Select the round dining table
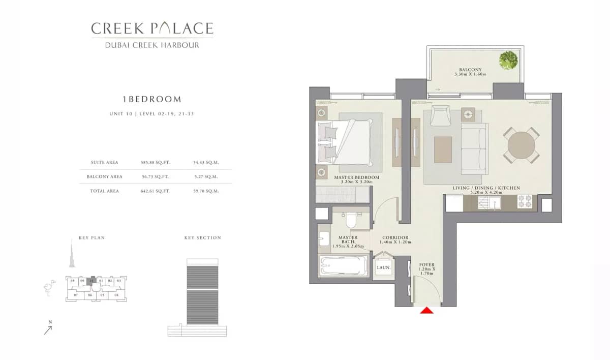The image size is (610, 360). [x=522, y=145]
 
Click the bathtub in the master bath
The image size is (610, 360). [x=344, y=266]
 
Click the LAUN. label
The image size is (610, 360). [x=383, y=267]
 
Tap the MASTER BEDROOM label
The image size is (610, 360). [x=356, y=177]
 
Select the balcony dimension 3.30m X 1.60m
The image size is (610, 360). [x=470, y=75]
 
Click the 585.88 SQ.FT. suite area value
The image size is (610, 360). [x=155, y=163]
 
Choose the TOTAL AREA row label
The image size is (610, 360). [x=105, y=191]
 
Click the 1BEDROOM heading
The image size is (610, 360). [x=152, y=99]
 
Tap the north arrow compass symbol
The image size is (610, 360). [x=48, y=329]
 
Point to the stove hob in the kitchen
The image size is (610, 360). [x=524, y=202]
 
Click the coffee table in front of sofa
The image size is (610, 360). [x=443, y=149]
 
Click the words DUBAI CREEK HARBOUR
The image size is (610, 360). [x=152, y=45]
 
